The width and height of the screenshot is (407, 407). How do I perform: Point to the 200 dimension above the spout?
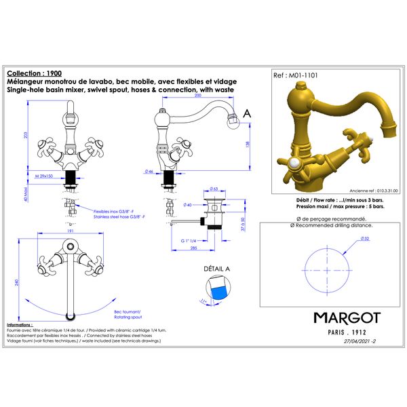[199, 97]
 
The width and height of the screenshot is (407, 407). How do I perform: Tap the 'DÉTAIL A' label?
[217, 269]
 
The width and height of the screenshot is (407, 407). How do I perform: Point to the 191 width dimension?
[70, 231]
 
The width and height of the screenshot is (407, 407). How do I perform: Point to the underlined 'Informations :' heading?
[20, 325]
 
